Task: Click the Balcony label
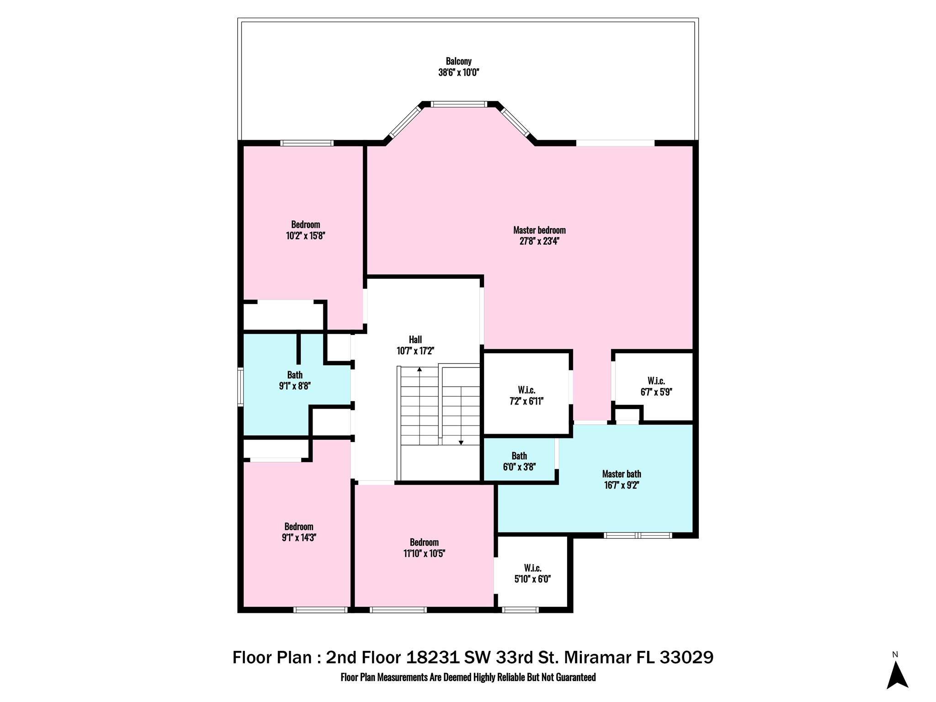tap(458, 61)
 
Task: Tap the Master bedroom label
tap(539, 230)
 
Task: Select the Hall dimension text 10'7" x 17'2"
tap(415, 351)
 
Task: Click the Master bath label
tap(621, 474)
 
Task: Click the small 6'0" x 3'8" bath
tap(519, 461)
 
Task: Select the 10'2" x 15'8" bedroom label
tap(305, 230)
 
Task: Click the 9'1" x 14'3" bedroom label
tap(299, 532)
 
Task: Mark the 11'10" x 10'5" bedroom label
tap(424, 548)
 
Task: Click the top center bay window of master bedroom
tap(459, 104)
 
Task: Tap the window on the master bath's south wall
tap(638, 535)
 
